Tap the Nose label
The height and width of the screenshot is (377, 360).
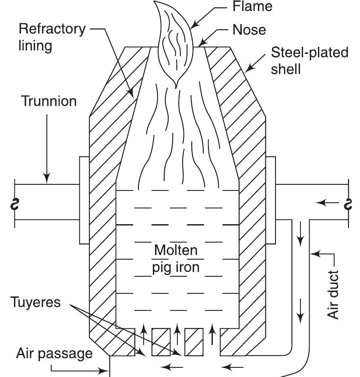point(249,30)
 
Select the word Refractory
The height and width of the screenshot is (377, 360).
point(52,29)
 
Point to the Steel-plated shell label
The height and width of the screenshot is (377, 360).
point(309,60)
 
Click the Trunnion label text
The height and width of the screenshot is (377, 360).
point(49,101)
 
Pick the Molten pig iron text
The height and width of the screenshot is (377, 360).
point(176,258)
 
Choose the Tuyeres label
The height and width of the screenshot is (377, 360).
point(36,303)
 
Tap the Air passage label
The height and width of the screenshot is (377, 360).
point(54,353)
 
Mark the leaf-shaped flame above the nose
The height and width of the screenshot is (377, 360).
point(174,44)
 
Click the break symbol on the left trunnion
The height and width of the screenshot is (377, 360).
point(15,204)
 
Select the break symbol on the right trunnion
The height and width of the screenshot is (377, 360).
point(349,204)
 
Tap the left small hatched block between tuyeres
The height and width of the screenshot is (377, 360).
point(161,342)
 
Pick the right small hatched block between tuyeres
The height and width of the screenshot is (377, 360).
point(194,342)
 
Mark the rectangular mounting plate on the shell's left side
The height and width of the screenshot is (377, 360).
point(84,200)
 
